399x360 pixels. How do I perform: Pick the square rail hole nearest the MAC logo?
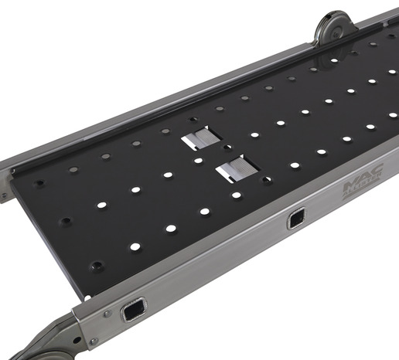pos(296,221)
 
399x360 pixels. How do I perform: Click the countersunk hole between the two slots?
pos(227,147)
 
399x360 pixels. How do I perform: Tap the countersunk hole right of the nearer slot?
pos(267,179)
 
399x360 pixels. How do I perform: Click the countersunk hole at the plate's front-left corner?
pos(97,266)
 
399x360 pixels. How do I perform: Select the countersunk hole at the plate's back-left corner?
pos(40,183)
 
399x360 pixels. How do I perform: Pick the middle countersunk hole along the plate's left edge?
pos(67,222)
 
